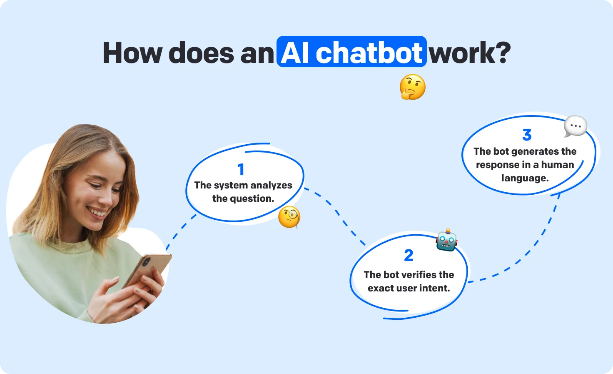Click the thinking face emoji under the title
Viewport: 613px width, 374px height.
(x=412, y=87)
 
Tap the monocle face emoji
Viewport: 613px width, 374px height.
(x=289, y=217)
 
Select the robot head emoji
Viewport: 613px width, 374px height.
(x=446, y=241)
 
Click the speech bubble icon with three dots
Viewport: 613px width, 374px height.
(x=576, y=126)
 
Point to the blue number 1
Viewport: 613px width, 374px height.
(x=241, y=169)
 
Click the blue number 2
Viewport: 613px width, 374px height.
(x=409, y=255)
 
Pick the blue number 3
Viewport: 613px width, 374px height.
(x=527, y=135)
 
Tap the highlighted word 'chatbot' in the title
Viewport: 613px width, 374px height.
(x=369, y=53)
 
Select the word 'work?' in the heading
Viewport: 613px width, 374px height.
(x=470, y=53)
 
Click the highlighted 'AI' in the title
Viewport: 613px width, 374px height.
(x=295, y=53)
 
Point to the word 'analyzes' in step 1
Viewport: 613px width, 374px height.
(x=271, y=185)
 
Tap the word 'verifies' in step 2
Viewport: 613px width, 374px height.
(x=419, y=275)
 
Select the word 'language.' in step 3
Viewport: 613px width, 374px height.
(x=525, y=178)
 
